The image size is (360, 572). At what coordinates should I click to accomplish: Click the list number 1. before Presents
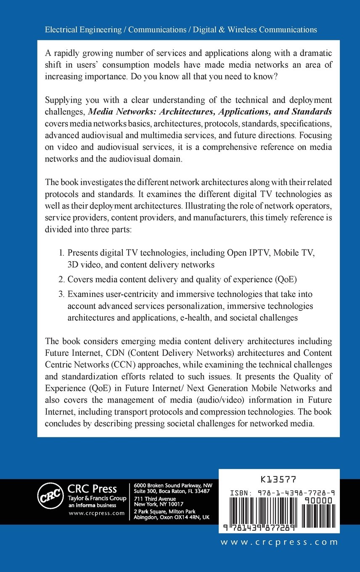[61, 253]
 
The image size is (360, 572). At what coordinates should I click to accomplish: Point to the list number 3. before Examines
[61, 294]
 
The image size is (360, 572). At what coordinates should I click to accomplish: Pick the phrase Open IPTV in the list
[246, 253]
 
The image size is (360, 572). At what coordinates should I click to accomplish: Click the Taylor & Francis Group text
[97, 498]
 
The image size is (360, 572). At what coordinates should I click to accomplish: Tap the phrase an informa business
[89, 505]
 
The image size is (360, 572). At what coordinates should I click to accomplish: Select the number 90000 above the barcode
[318, 500]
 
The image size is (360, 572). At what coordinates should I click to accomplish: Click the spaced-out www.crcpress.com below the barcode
[279, 542]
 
